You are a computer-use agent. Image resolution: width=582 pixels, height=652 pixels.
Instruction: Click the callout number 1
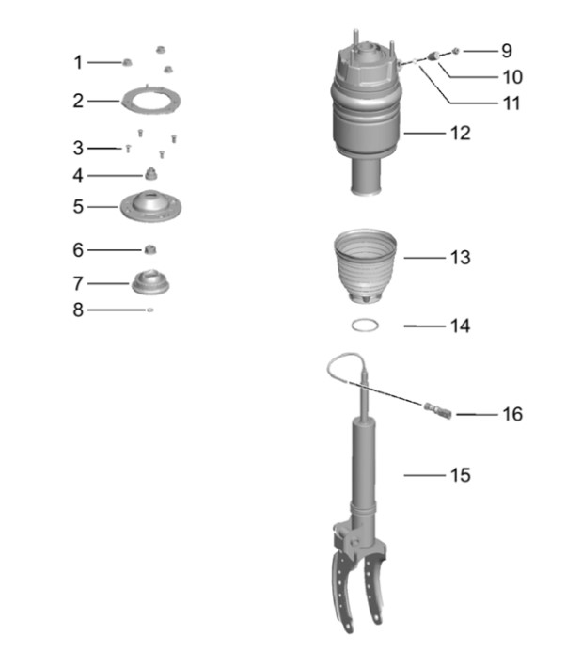[78, 63]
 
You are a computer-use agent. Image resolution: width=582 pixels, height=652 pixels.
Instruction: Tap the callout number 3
[78, 149]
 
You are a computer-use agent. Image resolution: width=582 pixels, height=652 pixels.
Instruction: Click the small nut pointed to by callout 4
[150, 174]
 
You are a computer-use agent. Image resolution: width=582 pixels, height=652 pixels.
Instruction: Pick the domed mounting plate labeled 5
[150, 205]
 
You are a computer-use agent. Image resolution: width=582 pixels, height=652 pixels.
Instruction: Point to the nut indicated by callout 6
[149, 250]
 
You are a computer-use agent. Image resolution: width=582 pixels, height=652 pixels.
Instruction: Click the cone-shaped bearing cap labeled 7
[150, 282]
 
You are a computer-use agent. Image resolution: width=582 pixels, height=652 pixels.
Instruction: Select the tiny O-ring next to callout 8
[150, 310]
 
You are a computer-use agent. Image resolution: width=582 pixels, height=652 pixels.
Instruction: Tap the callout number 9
[507, 51]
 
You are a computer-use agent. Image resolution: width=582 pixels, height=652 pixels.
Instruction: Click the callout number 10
[512, 77]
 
